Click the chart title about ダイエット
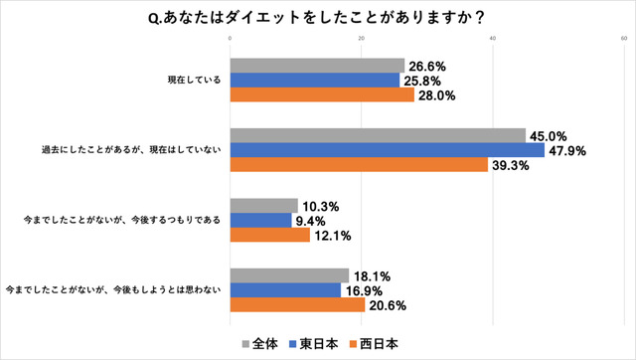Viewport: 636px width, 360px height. click(317, 17)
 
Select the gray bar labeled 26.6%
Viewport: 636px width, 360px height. click(317, 66)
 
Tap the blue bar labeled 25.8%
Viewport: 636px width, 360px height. click(314, 81)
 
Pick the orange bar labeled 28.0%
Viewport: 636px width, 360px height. click(322, 95)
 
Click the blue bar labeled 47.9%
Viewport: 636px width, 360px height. click(387, 150)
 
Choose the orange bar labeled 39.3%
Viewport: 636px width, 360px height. click(359, 165)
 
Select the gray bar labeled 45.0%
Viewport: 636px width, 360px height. click(378, 135)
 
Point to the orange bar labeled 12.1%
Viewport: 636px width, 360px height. click(269, 236)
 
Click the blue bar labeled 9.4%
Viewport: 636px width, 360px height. click(260, 221)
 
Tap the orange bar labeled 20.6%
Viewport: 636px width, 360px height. click(297, 305)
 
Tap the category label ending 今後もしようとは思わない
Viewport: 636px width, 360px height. click(114, 290)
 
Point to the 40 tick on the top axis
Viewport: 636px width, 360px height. click(493, 40)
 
